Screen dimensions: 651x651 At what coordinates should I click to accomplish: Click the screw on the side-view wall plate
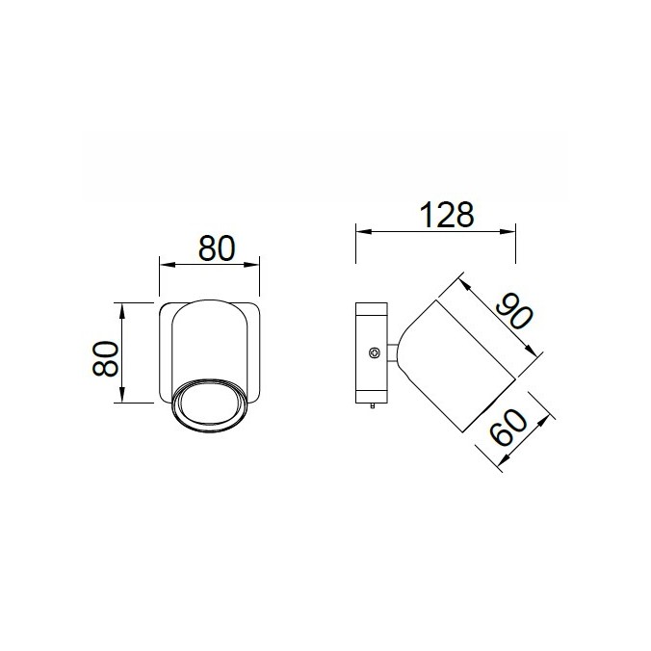(372, 353)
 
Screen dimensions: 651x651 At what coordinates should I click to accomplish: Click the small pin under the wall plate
(370, 408)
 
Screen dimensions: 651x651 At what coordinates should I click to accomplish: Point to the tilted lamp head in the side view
(453, 366)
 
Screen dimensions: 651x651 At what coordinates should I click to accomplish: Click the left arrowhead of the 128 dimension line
(360, 231)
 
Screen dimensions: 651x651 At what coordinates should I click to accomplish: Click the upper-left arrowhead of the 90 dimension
(461, 281)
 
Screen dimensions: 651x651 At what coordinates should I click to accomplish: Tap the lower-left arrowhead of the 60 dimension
(503, 468)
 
